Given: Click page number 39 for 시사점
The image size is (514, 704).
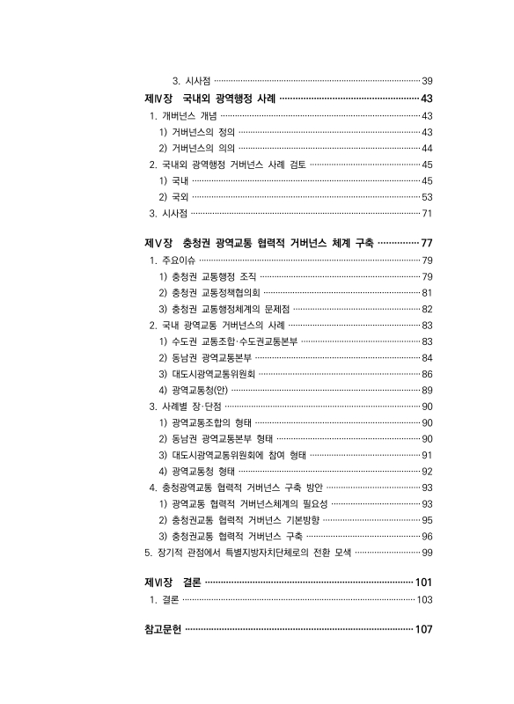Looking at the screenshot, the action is click(x=425, y=80).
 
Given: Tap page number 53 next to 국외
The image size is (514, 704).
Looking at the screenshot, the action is click(x=425, y=196).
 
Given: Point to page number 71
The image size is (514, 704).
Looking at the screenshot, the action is click(x=425, y=213).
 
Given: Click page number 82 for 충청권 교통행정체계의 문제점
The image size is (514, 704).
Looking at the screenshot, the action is click(x=425, y=309).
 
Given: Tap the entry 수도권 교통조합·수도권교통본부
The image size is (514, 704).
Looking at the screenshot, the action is click(x=228, y=341).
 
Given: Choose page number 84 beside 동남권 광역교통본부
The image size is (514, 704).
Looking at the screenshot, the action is click(x=425, y=357).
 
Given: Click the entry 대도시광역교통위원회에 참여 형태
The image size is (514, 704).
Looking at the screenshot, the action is click(x=232, y=455).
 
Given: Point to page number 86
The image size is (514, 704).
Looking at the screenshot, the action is click(x=425, y=374).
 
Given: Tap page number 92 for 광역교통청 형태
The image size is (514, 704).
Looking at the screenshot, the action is click(x=425, y=471).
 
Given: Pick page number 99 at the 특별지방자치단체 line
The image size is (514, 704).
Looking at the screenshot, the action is click(x=425, y=552).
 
